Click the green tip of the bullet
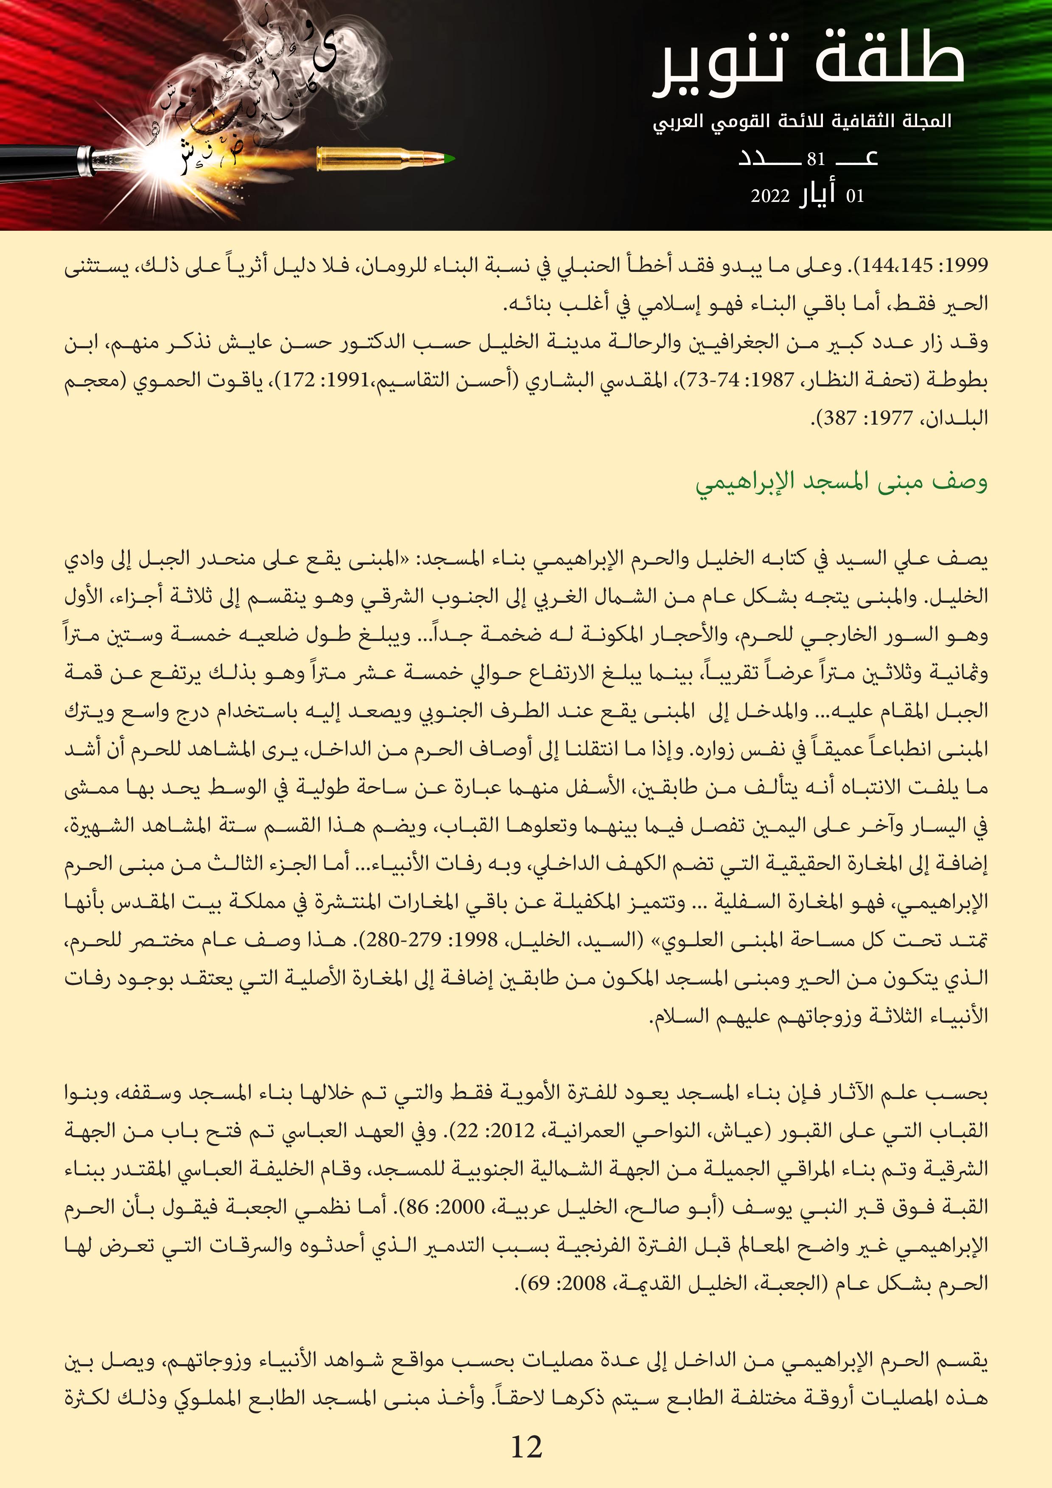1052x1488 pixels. tap(449, 159)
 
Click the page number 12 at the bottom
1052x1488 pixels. tap(526, 1446)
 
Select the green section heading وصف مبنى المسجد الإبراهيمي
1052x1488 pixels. tap(841, 483)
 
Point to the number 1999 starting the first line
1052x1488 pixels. tap(967, 266)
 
